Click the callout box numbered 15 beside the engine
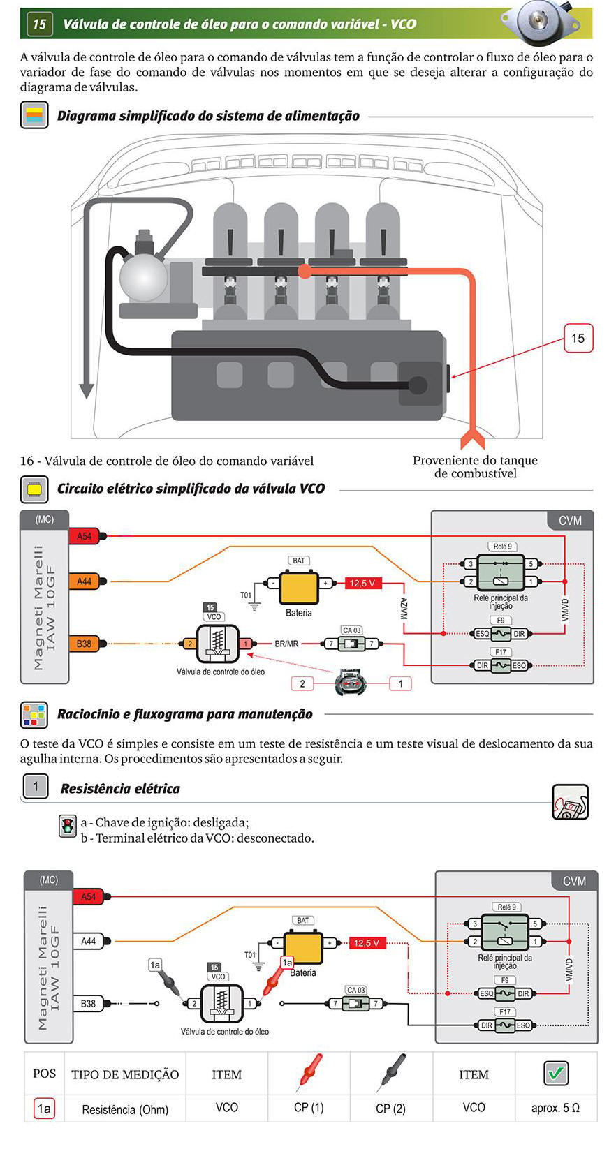tap(578, 338)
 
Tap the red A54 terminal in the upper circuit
tap(85, 537)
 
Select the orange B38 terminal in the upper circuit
tap(85, 644)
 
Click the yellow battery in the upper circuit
tap(299, 588)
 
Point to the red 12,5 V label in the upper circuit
tap(362, 583)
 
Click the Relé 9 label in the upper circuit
tap(502, 547)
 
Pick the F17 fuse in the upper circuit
tap(501, 665)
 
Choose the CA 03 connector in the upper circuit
tap(351, 643)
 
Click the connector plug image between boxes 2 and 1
tap(351, 683)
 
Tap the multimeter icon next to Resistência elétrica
tap(571, 802)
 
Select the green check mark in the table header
tap(556, 1073)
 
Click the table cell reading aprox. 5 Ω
tap(556, 1107)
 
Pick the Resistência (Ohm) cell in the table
tap(125, 1109)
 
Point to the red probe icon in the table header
tap(309, 1072)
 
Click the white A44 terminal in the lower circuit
tap(88, 941)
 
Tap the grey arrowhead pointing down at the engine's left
tap(86, 390)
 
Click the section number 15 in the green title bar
tap(39, 24)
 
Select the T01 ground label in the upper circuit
tap(246, 595)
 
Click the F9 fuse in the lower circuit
tap(505, 993)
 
